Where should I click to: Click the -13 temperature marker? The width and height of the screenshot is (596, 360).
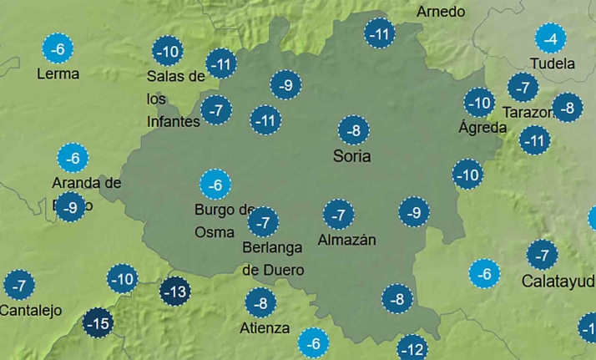click(x=175, y=292)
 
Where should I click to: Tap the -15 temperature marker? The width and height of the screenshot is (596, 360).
click(x=98, y=322)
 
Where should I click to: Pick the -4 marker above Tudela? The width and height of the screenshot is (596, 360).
click(x=550, y=38)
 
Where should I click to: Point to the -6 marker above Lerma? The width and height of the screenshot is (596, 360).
click(x=57, y=49)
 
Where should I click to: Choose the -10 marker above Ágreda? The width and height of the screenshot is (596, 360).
click(x=480, y=103)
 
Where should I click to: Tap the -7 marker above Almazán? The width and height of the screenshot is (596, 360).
click(x=338, y=215)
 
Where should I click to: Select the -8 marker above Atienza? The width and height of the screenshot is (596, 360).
click(x=260, y=302)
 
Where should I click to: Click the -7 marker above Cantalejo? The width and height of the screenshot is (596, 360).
click(x=19, y=286)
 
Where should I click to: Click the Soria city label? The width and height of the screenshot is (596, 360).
click(x=351, y=156)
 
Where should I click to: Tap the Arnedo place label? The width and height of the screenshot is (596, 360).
click(x=441, y=13)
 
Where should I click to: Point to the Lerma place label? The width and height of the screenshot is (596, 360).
click(x=58, y=74)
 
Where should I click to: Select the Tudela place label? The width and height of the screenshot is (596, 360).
click(x=553, y=63)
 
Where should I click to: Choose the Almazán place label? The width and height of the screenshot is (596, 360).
click(x=347, y=241)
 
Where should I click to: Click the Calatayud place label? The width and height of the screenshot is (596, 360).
click(x=558, y=281)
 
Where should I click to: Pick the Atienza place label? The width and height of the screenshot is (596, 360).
click(x=265, y=328)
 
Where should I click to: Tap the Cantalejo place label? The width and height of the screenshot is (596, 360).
click(x=31, y=311)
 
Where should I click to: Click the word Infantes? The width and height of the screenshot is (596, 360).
click(x=174, y=122)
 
